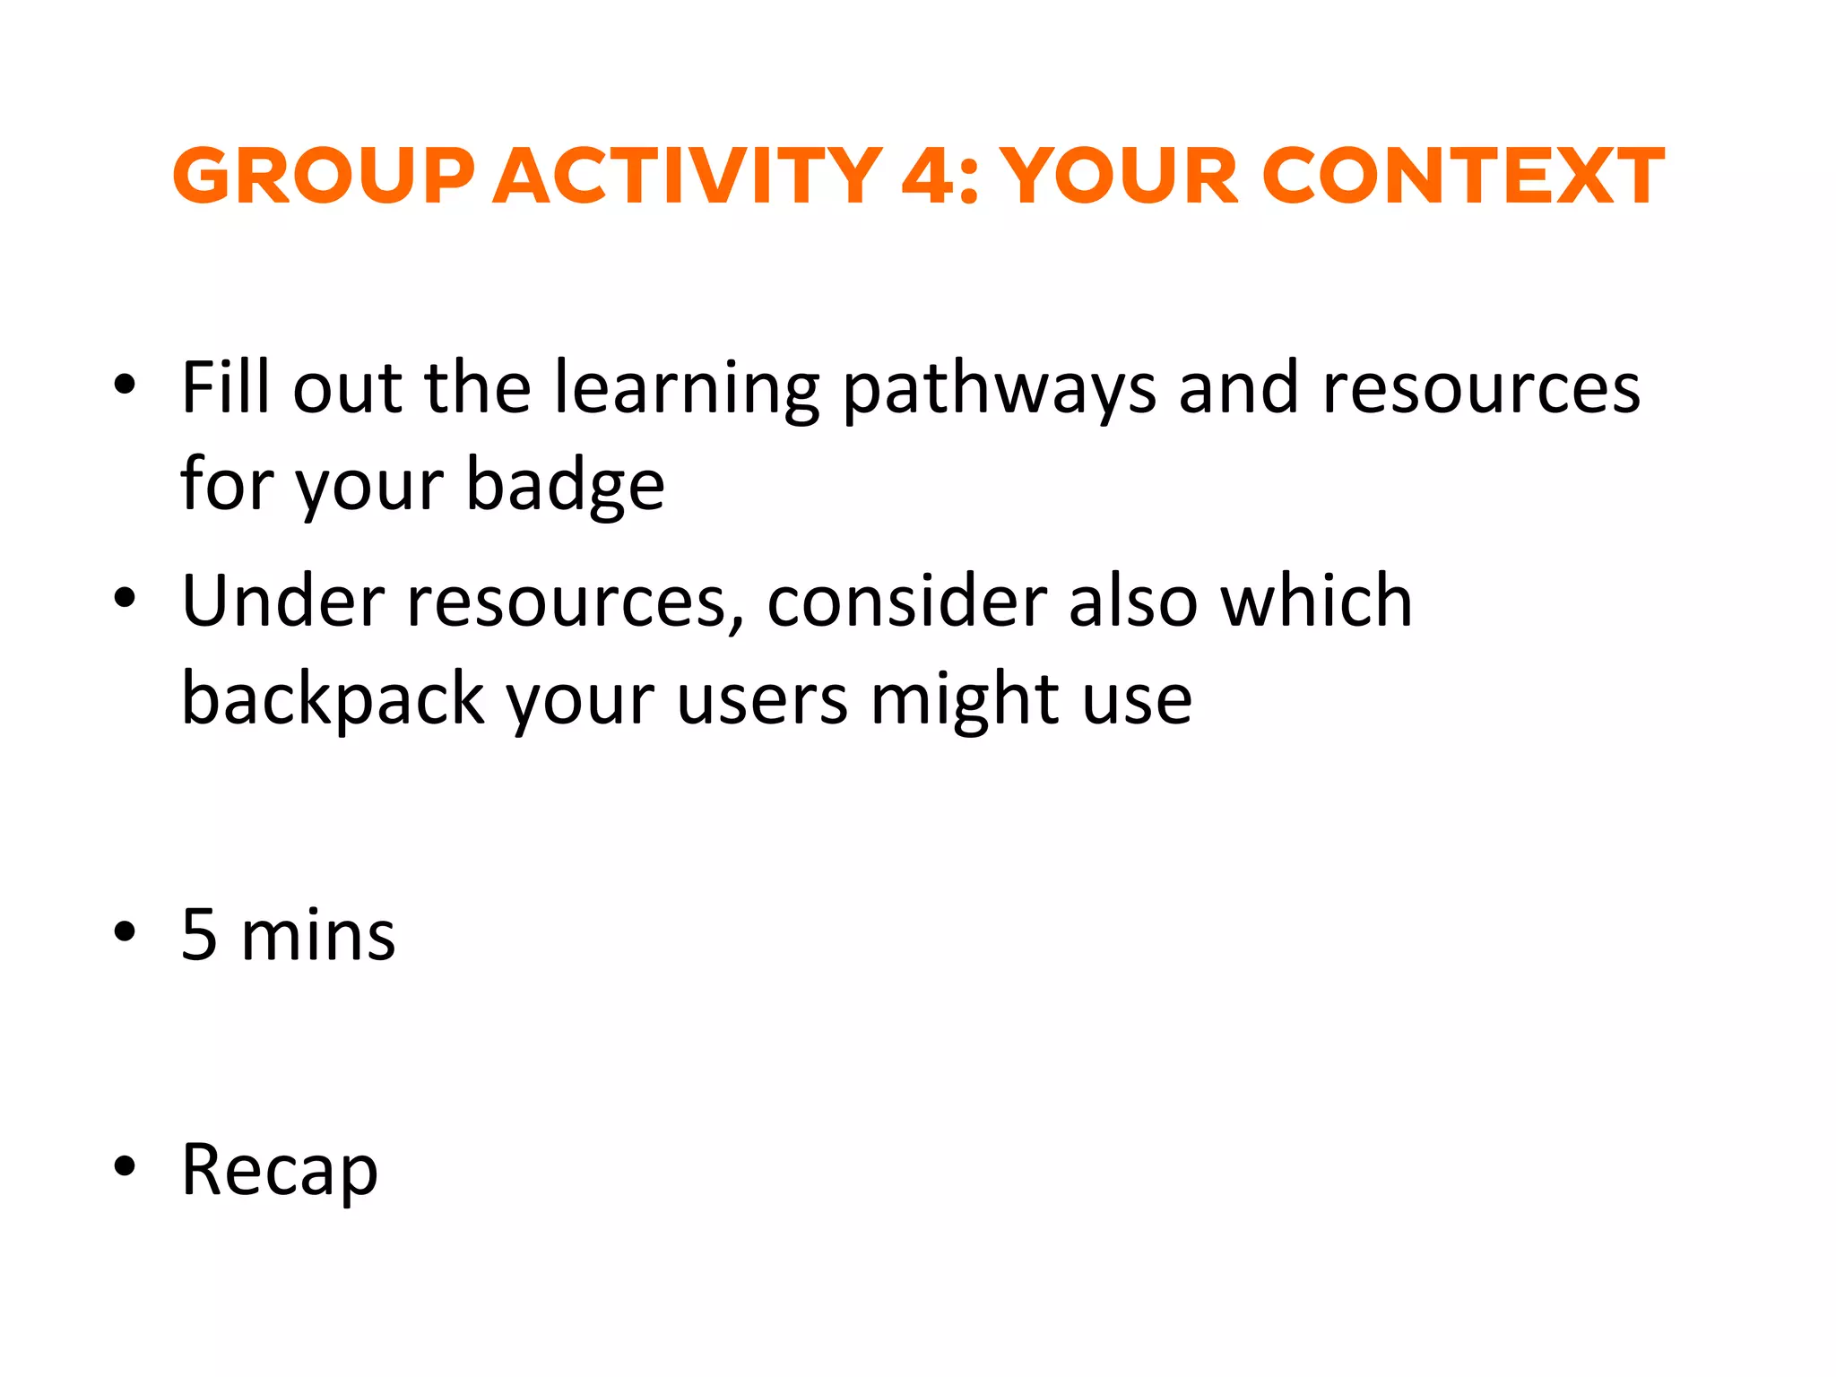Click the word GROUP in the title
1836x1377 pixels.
324,176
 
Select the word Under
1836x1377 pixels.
283,600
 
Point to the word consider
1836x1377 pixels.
906,600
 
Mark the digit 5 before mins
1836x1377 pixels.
199,935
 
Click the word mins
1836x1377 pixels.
318,935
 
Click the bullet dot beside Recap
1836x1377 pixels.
125,1166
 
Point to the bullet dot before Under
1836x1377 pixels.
125,596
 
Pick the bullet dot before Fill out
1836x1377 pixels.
125,384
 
